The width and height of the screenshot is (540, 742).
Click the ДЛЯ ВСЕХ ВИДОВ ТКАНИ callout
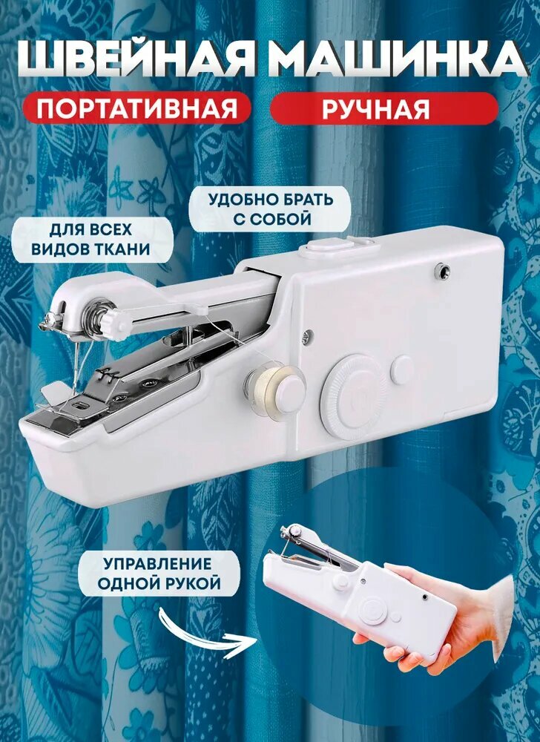91,239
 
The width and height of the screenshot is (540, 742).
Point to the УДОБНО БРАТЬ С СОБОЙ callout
270,210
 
